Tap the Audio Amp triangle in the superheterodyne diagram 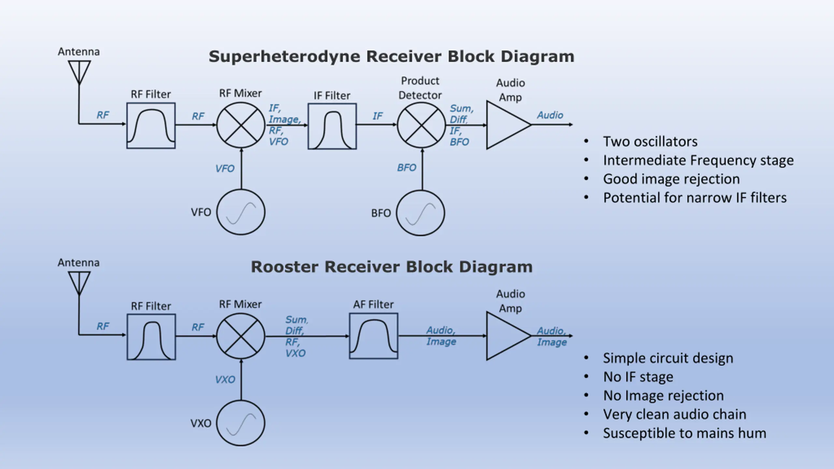pyautogui.click(x=487, y=125)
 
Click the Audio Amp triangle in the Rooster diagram pyautogui.click(x=487, y=336)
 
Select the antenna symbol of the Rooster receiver pyautogui.click(x=79, y=284)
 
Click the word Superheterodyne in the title pyautogui.click(x=284, y=57)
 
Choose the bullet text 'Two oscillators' pyautogui.click(x=650, y=141)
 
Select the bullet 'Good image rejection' pyautogui.click(x=671, y=179)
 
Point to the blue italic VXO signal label pyautogui.click(x=225, y=379)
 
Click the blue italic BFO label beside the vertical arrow pyautogui.click(x=407, y=167)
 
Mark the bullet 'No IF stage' pyautogui.click(x=638, y=377)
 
